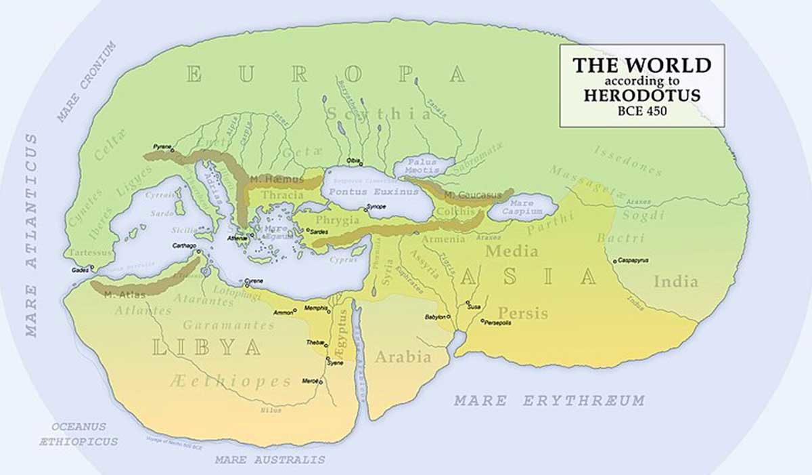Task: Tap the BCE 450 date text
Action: click(641, 110)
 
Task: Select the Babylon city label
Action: click(434, 317)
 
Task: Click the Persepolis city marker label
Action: click(497, 323)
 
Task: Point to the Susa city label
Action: click(473, 307)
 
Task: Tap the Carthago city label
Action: click(185, 246)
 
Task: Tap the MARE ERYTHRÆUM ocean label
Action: click(549, 400)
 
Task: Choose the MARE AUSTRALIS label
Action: click(270, 459)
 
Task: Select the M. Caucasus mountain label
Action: click(473, 195)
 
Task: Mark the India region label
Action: click(675, 281)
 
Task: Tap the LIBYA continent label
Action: click(206, 347)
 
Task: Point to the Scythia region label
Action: click(378, 114)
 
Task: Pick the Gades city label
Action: click(79, 270)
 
